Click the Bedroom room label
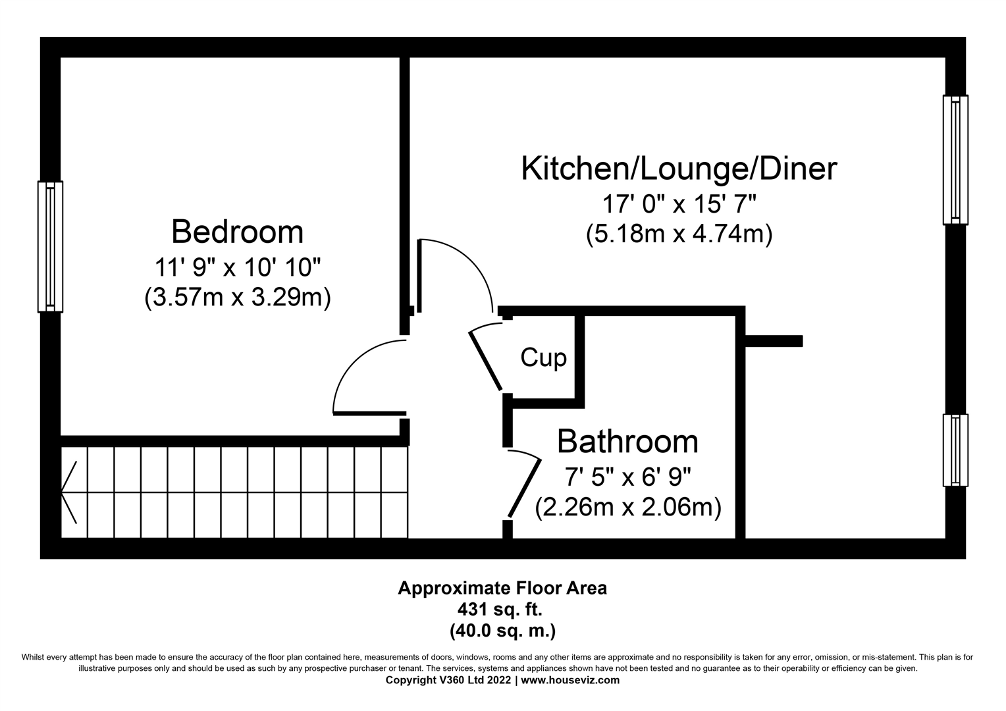pos(237,232)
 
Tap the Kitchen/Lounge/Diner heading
pos(679,169)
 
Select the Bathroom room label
pos(627,442)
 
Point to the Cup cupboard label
pos(543,358)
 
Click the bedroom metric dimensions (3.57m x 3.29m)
pos(237,298)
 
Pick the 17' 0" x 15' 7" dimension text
pos(679,204)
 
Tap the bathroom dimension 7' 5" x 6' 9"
pos(627,476)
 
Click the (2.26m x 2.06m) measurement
pos(627,508)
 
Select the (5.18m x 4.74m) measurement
pos(679,234)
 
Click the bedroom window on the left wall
pos(50,246)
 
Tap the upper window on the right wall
pos(955,159)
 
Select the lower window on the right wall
pos(955,450)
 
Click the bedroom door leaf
pos(369,413)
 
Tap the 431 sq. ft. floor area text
pos(502,610)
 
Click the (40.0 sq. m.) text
pos(502,631)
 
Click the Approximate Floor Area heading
pos(502,588)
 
